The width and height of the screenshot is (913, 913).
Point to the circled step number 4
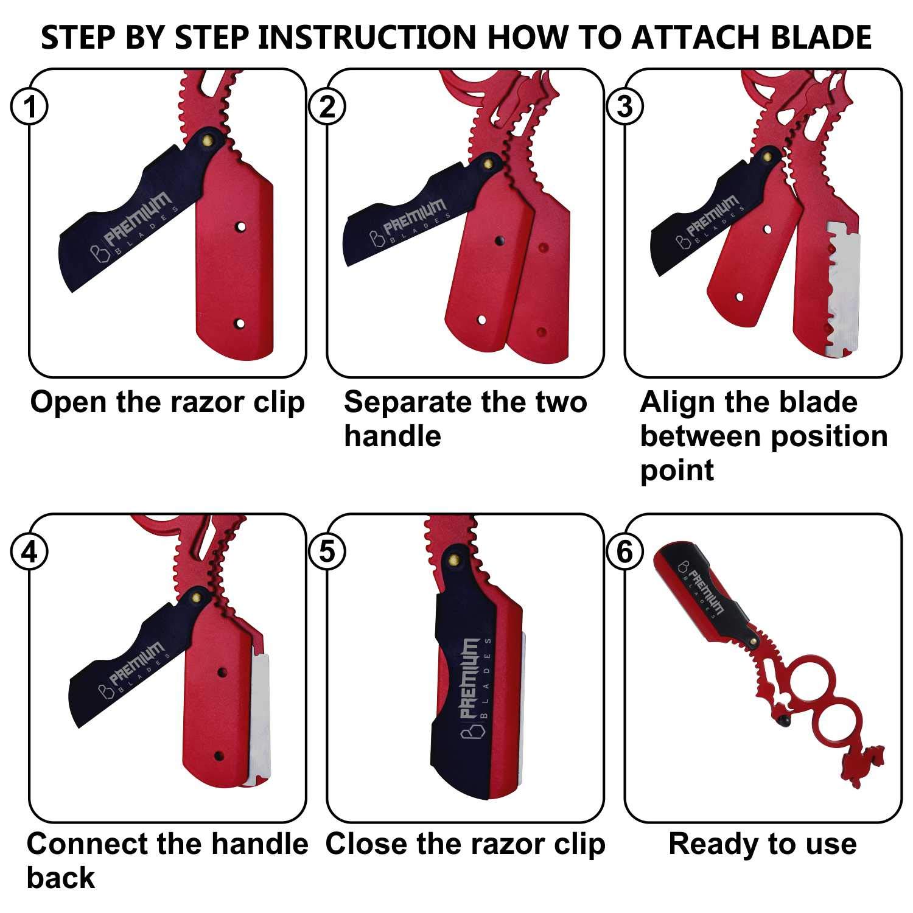tap(29, 552)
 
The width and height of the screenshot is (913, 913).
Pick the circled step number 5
tap(327, 552)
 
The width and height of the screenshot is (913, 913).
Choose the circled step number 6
tap(625, 552)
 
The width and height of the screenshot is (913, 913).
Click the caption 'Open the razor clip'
tap(167, 402)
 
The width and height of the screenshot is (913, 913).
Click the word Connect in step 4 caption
tap(86, 844)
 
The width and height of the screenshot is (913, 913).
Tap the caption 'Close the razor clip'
tap(466, 844)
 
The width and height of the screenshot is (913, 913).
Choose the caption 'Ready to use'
tap(763, 845)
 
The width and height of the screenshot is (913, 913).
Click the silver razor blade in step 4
tap(260, 719)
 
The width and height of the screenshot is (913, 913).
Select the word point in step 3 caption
tap(677, 472)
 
